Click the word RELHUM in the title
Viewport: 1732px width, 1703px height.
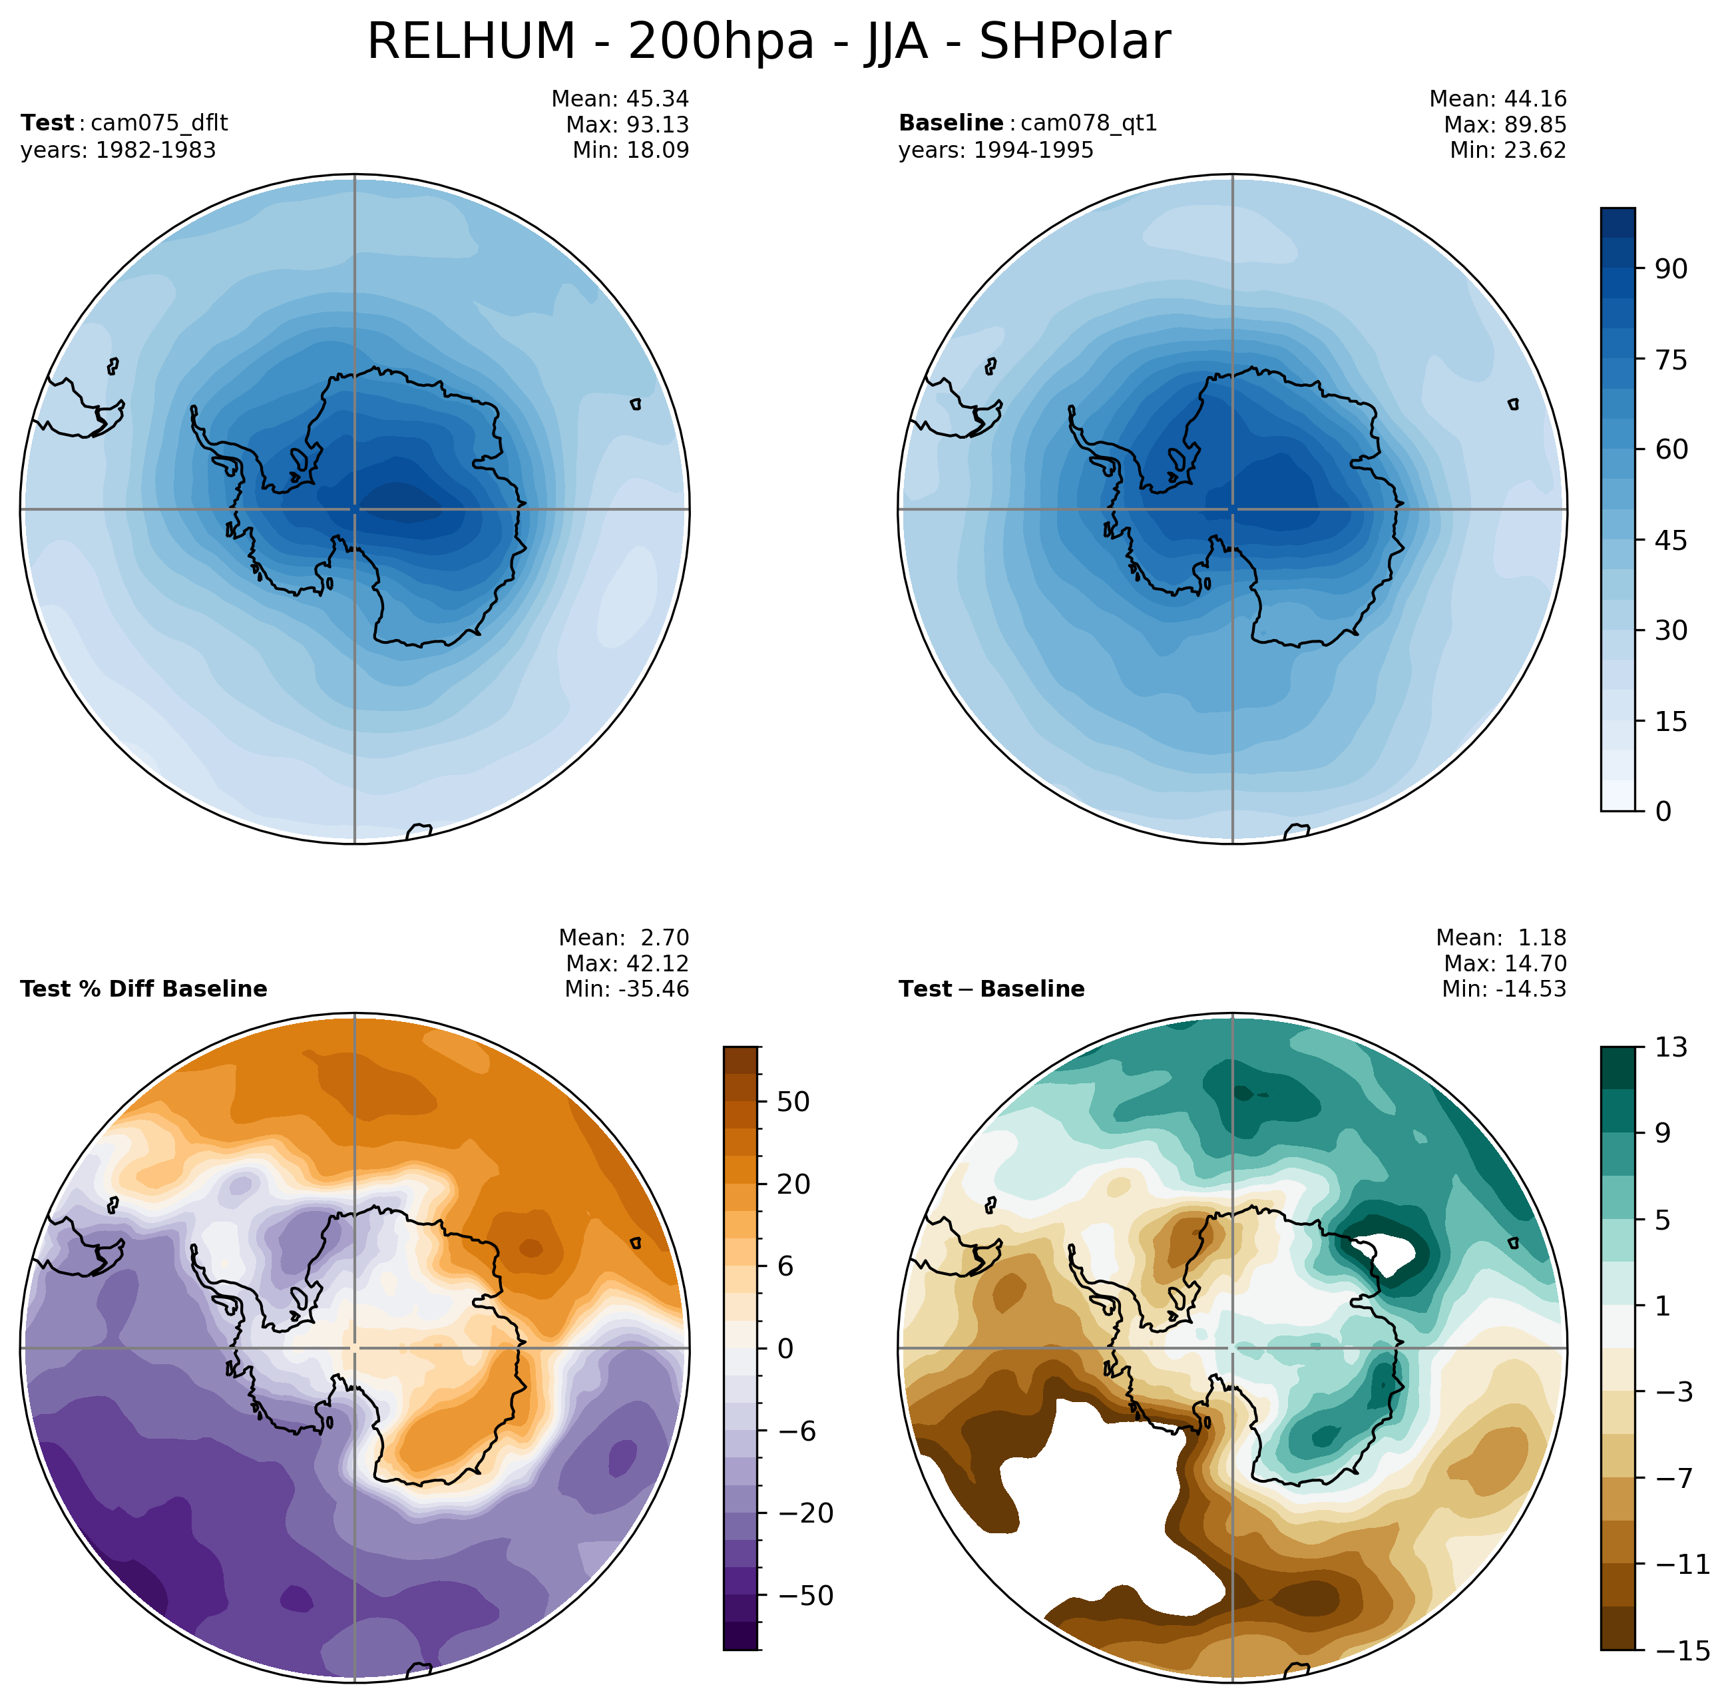[471, 42]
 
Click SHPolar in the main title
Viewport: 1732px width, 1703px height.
[1074, 42]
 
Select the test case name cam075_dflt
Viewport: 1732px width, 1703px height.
[159, 122]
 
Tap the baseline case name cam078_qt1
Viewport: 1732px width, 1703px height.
[1088, 122]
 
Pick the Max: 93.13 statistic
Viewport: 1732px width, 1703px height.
[627, 124]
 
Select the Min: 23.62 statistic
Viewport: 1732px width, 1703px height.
[1508, 150]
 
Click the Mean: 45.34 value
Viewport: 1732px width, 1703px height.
[620, 99]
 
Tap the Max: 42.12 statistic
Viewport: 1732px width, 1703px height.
[627, 963]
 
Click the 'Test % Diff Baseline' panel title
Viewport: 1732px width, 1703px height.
[143, 989]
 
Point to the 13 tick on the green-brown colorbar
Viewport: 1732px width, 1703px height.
[1670, 1047]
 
